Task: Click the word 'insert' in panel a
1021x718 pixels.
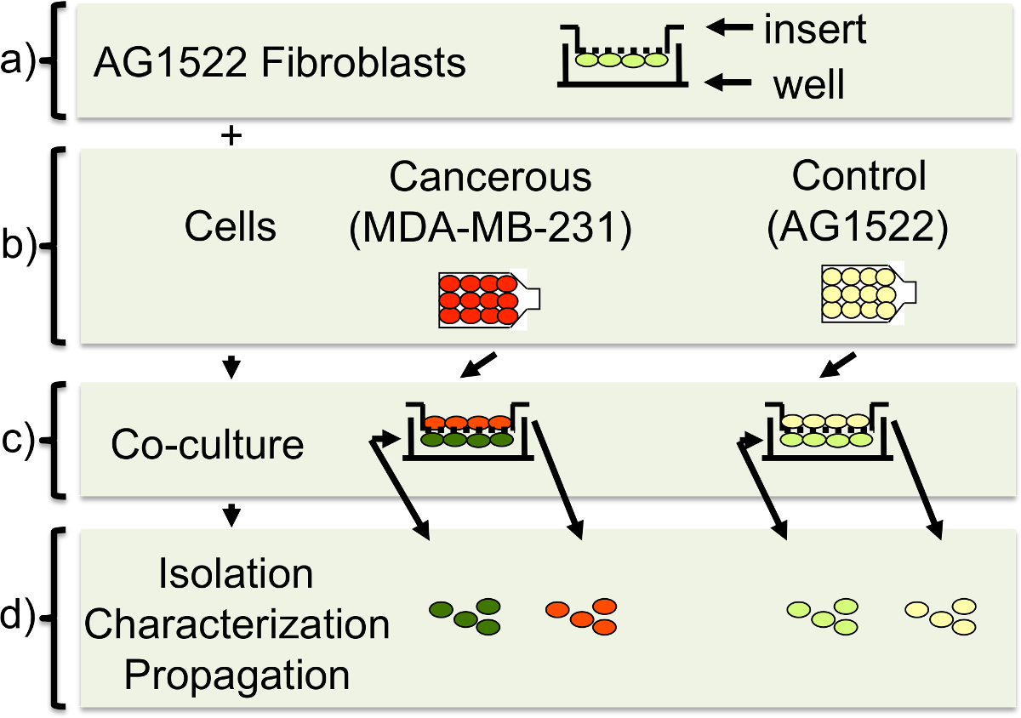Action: point(815,31)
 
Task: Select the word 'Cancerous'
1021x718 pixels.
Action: point(490,178)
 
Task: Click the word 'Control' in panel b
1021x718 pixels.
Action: point(858,176)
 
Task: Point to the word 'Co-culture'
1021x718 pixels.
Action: point(208,445)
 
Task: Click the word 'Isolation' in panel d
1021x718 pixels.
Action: point(236,576)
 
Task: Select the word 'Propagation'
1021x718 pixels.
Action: point(237,676)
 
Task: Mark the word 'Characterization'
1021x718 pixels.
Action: point(237,626)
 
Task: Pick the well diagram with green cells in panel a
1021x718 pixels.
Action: point(623,56)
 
